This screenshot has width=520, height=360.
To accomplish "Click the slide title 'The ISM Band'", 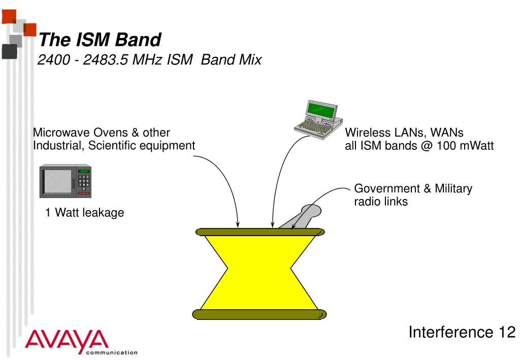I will tap(100, 40).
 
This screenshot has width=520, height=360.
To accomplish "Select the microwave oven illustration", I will tap(66, 181).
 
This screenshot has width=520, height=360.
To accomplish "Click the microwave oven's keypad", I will tap(83, 181).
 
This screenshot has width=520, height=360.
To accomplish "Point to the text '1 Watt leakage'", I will tap(84, 213).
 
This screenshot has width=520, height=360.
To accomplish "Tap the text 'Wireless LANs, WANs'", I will tap(404, 133).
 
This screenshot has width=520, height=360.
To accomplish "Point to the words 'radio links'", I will tap(380, 202).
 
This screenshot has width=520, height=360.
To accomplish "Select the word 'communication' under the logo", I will tap(112, 351).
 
